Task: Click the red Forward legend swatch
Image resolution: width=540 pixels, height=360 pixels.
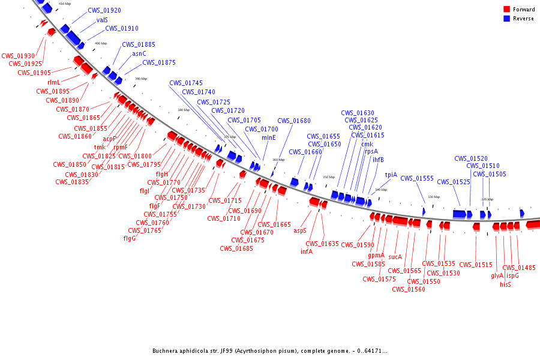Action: pos(506,10)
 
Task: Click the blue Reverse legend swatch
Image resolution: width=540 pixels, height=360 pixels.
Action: pos(506,19)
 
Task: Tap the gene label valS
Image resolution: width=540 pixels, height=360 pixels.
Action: pos(102,20)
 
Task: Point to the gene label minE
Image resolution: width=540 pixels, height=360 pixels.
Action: pos(268,137)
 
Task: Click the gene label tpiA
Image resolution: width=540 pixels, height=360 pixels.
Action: pos(391,175)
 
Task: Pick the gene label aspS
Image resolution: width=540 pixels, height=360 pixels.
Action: pos(300,230)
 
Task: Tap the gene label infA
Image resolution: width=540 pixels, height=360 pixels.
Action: pos(307,251)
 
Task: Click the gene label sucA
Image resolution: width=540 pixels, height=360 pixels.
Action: pos(395,257)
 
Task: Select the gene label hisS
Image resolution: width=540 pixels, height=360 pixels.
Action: pos(505,284)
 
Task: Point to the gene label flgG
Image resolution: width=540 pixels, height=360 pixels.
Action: pos(130,238)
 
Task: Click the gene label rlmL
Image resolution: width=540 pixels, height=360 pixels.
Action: pos(53,82)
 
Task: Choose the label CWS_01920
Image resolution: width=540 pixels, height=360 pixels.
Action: pos(104,11)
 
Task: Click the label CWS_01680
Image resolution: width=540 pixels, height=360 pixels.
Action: pos(294,121)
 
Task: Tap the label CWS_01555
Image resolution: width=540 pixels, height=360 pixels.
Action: pos(417,178)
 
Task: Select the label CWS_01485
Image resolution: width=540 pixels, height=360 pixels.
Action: pos(519,268)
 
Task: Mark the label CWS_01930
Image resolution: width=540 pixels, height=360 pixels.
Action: pos(18,56)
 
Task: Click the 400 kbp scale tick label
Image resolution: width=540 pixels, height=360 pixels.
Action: pos(100,43)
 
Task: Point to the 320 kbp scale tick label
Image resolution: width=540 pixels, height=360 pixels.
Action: pos(487,199)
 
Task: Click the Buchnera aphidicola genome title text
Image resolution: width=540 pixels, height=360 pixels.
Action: pos(269,351)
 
